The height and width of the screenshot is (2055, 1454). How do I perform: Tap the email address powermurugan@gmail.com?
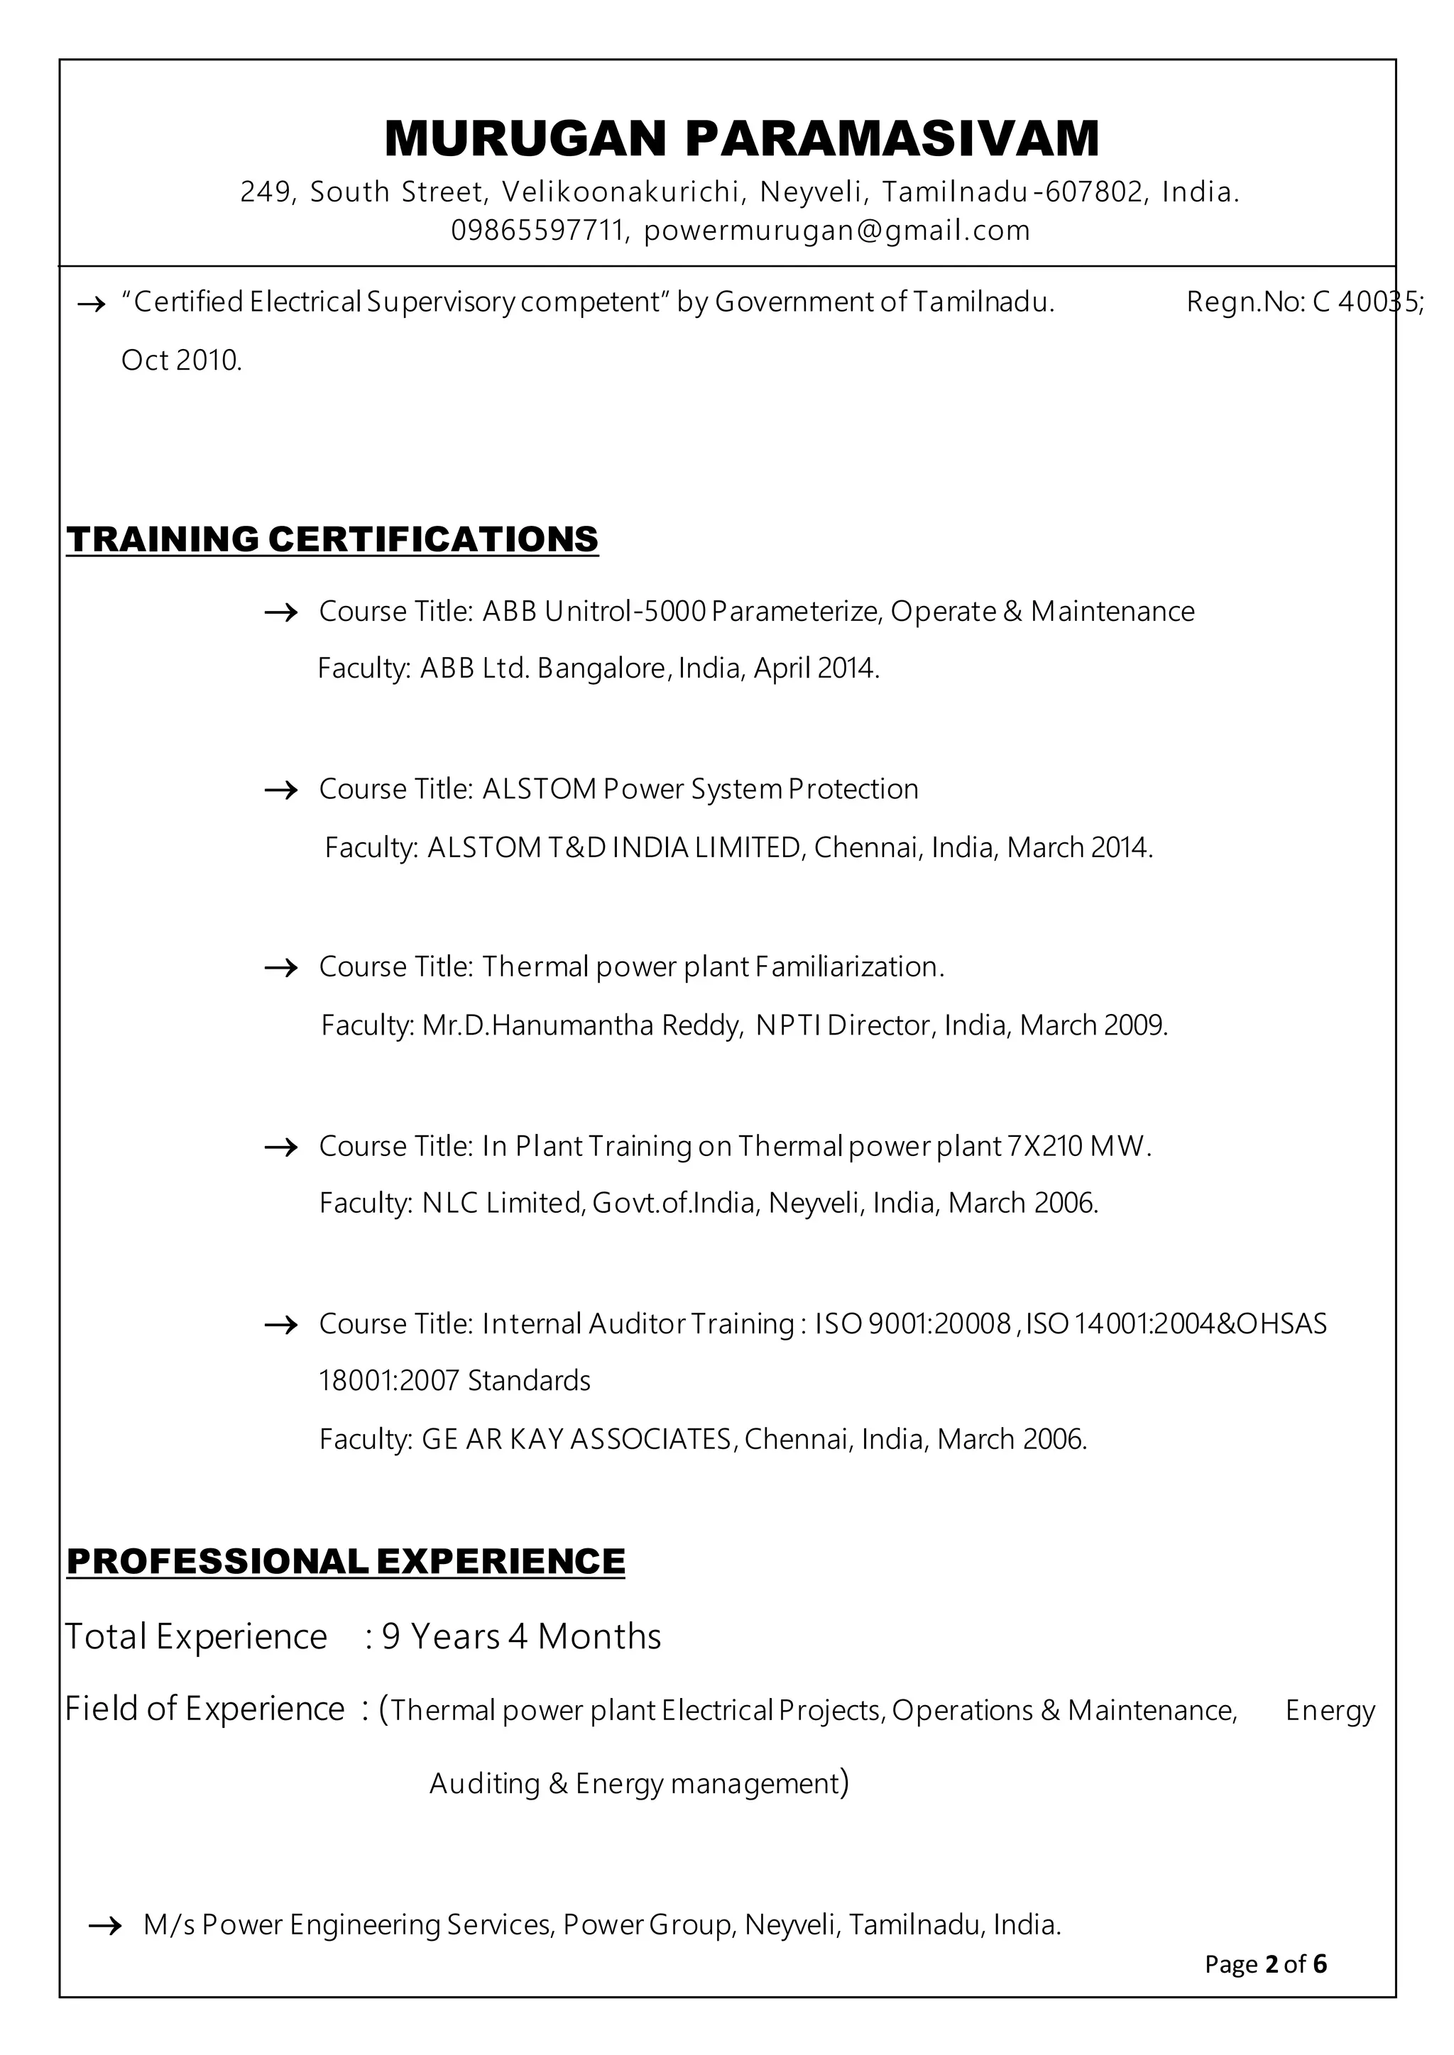(x=837, y=231)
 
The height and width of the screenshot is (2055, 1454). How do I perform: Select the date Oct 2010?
(x=182, y=360)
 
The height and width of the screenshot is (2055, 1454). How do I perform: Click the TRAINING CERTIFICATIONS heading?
(x=332, y=539)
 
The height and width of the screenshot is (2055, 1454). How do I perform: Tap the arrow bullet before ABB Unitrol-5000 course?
(x=281, y=613)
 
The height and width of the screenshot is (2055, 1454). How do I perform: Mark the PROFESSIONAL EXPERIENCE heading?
(x=346, y=1562)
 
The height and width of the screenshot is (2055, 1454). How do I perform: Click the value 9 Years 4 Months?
(x=522, y=1637)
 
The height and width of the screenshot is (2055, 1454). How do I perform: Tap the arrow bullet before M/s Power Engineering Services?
(x=106, y=1926)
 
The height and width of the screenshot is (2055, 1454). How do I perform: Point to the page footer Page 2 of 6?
(x=1265, y=1965)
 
